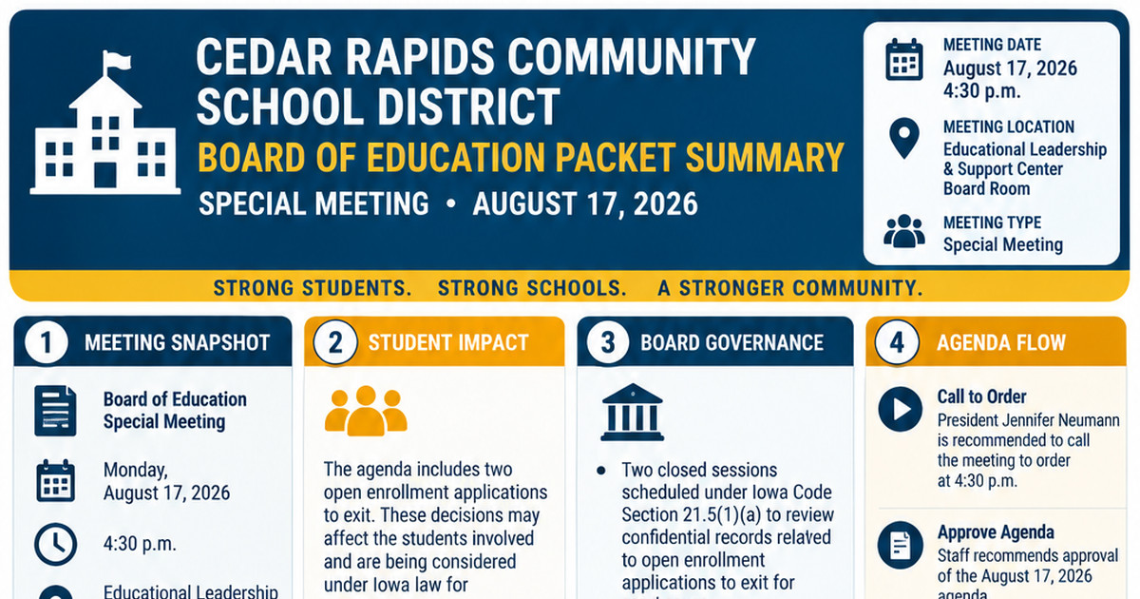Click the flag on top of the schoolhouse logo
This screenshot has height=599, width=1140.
pos(117,61)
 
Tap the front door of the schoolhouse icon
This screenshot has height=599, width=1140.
pos(105,175)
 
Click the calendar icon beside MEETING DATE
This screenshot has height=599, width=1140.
pos(903,60)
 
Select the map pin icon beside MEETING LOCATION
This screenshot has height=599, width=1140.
pos(903,138)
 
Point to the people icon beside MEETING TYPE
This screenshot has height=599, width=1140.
pos(904,231)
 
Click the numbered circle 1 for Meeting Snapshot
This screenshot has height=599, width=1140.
pos(46,341)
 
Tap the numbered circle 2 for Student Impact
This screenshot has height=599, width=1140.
pos(334,341)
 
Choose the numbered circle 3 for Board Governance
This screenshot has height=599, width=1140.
pos(608,341)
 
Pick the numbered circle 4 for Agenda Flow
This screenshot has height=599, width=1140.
pos(897,341)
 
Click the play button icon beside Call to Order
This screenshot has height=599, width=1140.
pos(901,409)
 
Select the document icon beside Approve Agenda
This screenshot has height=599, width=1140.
pos(901,545)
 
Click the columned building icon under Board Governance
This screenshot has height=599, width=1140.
pos(632,412)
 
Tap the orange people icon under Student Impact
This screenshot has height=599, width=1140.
pos(366,411)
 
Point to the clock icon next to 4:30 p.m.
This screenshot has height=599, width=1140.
pos(56,544)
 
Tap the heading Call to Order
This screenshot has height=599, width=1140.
pos(981,396)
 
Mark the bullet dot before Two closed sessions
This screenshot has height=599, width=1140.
pos(601,470)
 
